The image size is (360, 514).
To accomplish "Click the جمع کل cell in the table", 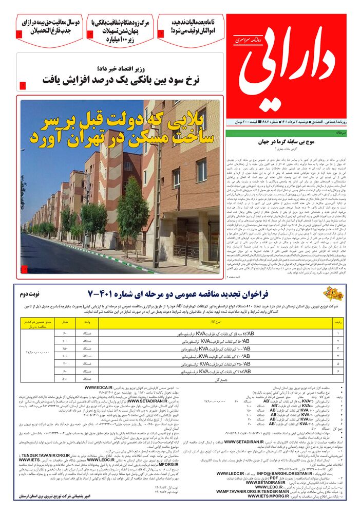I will click(205, 378).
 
